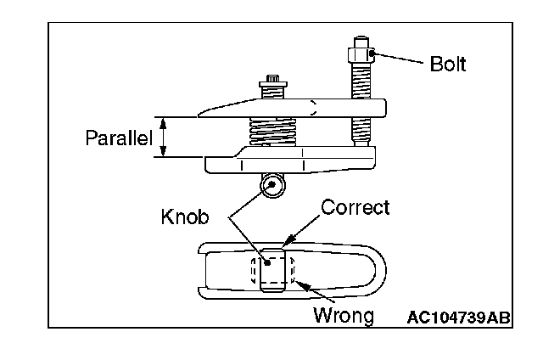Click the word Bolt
coord(447,64)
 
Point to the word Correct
coord(355,207)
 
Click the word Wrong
coord(344,317)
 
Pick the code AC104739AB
coord(458,318)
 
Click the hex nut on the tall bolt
coord(356,57)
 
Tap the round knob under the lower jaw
coord(272,186)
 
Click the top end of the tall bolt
coord(356,41)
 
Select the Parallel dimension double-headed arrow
coord(165,137)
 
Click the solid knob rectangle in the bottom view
coord(271,270)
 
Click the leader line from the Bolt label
coord(399,61)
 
